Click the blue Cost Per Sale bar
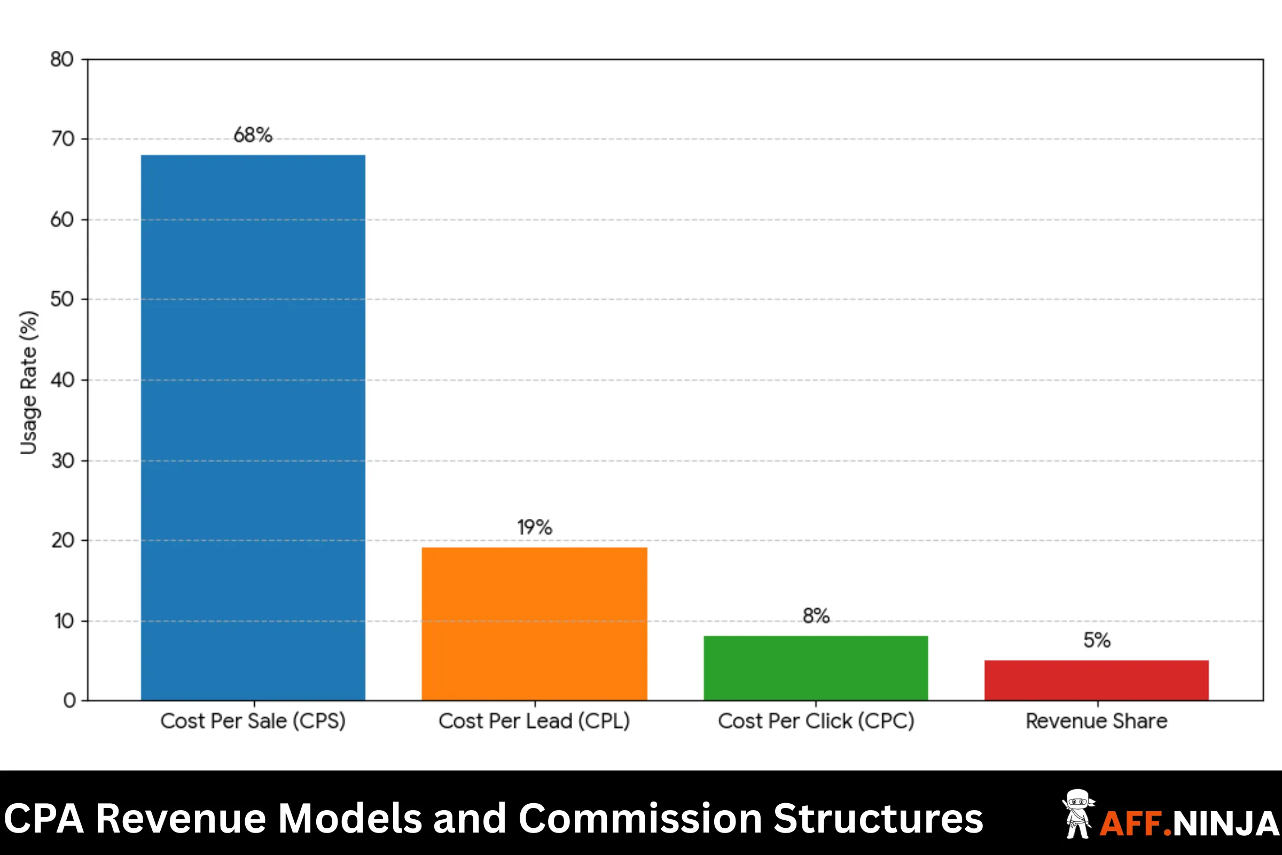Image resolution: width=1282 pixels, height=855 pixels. (253, 428)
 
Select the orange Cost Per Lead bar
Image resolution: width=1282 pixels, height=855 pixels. (534, 624)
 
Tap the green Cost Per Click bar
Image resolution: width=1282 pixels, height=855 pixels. (816, 668)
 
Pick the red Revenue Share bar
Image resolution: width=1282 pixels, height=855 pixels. (1096, 680)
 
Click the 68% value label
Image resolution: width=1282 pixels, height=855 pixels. (253, 135)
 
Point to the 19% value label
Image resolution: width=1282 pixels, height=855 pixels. (534, 527)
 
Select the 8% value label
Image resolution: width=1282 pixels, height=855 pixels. (816, 616)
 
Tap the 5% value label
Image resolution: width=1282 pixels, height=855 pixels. (1097, 640)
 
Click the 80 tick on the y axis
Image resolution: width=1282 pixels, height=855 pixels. (61, 59)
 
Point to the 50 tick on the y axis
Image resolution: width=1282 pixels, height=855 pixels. (61, 299)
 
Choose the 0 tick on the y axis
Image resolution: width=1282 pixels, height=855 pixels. (69, 700)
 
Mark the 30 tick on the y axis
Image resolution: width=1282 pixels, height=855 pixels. (62, 461)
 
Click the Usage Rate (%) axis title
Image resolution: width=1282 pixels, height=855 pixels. (28, 382)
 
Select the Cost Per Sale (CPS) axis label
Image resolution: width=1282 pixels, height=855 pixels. (253, 721)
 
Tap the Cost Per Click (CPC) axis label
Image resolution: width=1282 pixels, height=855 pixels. (816, 721)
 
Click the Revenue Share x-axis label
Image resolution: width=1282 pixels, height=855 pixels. (1097, 721)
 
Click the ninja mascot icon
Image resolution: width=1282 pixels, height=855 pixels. (1077, 813)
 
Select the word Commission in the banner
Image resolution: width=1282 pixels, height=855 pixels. (640, 819)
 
